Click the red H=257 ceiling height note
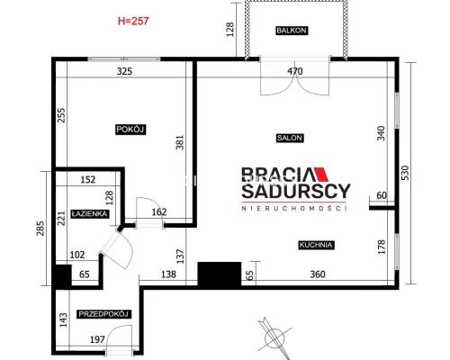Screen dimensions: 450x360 (x=133, y=21)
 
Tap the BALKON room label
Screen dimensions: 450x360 (x=292, y=31)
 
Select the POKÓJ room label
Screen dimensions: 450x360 (x=130, y=130)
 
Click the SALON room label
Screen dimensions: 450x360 (x=290, y=138)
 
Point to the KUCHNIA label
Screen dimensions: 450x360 (x=316, y=245)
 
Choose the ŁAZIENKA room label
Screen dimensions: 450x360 (x=90, y=214)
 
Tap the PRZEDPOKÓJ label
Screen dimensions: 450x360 (x=103, y=314)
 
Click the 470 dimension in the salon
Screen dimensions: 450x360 (x=295, y=71)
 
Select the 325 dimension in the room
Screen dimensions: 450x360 (x=124, y=71)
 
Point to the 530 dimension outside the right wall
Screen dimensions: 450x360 (x=405, y=173)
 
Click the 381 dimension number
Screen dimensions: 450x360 (x=180, y=143)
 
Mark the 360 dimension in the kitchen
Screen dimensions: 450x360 (x=318, y=274)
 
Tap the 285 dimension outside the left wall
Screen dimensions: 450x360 (x=40, y=229)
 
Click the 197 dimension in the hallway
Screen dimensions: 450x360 (x=97, y=339)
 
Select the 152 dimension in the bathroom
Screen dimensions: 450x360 (x=88, y=180)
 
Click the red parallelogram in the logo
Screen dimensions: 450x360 (x=321, y=175)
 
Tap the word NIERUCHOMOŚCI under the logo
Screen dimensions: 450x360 (x=294, y=208)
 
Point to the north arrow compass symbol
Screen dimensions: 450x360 (x=274, y=337)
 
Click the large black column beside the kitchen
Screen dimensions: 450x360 (x=220, y=274)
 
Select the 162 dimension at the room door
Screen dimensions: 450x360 (x=159, y=212)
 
